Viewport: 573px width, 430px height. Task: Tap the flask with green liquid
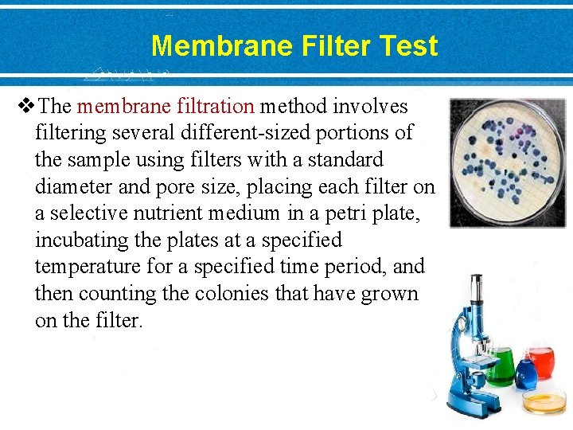tap(500, 367)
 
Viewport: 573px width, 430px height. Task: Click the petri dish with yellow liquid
tap(544, 401)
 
